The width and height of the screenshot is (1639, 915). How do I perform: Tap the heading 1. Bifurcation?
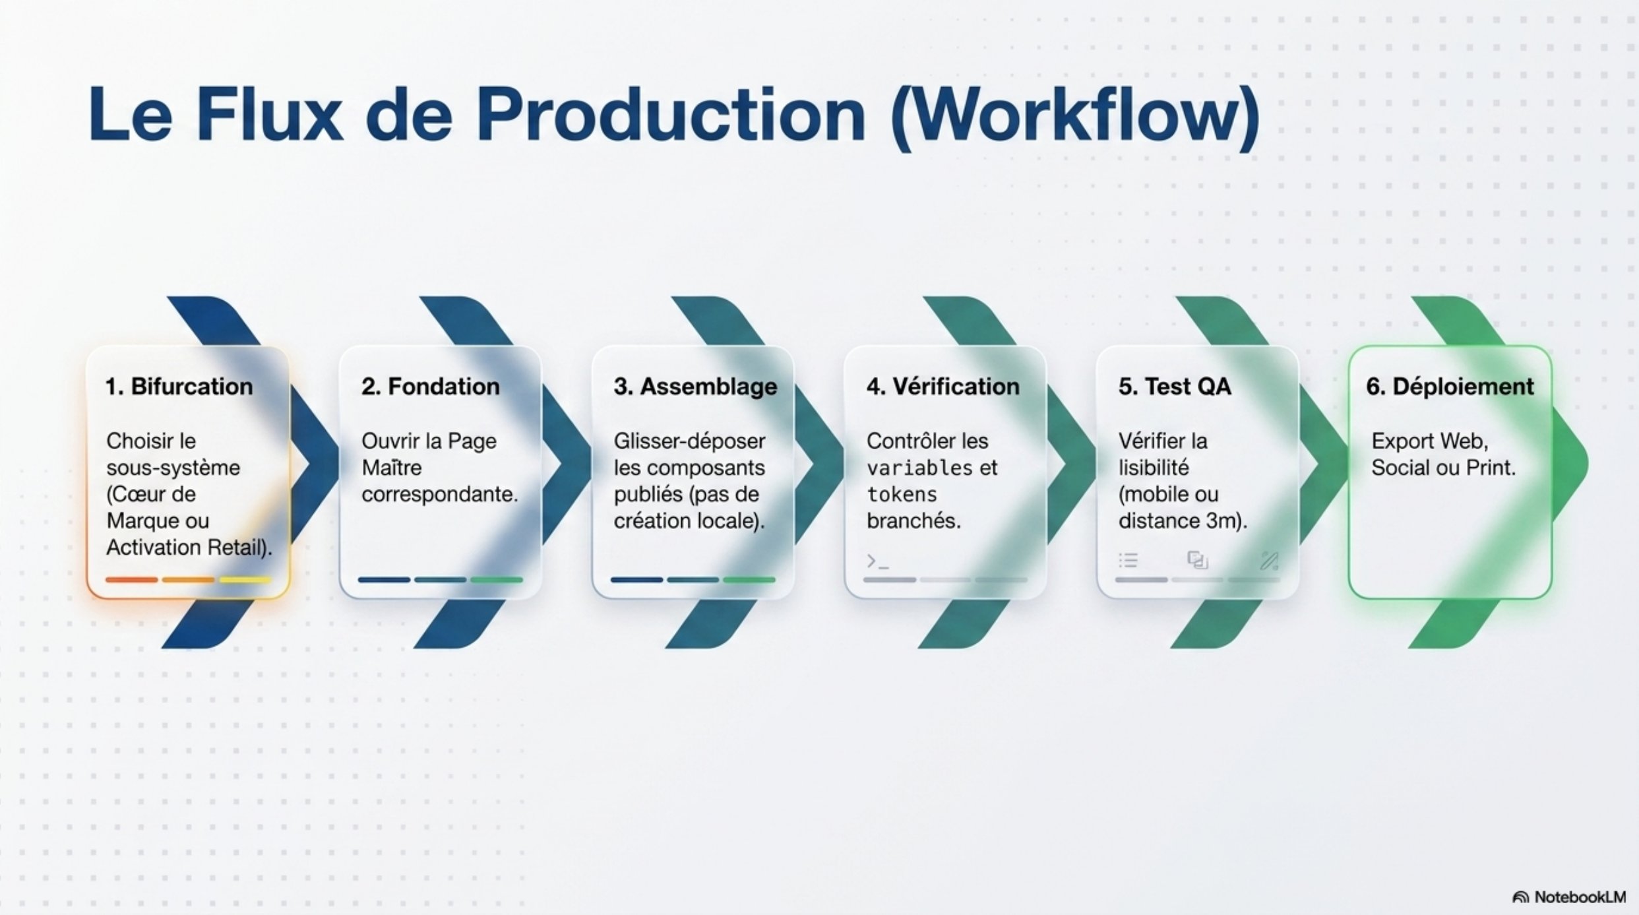tap(179, 387)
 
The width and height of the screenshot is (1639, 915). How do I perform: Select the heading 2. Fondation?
tap(430, 387)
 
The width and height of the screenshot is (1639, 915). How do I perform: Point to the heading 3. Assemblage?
tap(695, 387)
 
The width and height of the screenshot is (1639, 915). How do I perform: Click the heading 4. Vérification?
tap(943, 387)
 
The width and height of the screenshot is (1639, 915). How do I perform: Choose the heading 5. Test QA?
tap(1175, 387)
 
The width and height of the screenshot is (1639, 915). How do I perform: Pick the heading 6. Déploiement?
tap(1450, 387)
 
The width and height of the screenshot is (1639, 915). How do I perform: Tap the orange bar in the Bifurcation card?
tap(132, 580)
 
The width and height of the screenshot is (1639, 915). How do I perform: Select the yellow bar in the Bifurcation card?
tap(245, 580)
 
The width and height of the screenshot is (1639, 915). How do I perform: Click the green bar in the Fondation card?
tap(497, 580)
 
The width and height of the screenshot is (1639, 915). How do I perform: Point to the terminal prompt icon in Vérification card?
tap(878, 561)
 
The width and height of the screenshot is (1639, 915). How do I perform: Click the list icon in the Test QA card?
tap(1128, 561)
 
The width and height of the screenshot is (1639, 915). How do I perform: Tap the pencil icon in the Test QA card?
tap(1270, 561)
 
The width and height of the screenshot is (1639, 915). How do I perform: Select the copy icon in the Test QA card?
tap(1198, 560)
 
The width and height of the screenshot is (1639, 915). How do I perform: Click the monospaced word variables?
tap(919, 468)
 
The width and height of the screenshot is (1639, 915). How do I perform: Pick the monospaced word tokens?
tap(902, 494)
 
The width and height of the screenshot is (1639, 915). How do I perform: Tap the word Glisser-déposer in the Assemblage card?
tap(689, 441)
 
